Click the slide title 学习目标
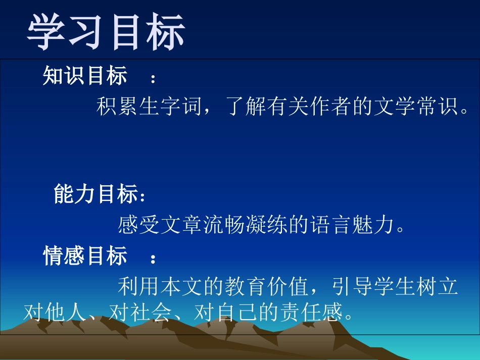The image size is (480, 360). click(x=106, y=31)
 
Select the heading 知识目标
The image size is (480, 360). click(x=85, y=76)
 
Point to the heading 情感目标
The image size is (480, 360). click(x=85, y=256)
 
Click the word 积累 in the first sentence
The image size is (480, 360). click(x=117, y=107)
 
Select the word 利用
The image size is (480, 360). click(x=138, y=287)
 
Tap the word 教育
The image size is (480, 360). click(x=245, y=287)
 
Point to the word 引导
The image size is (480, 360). click(x=352, y=287)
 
